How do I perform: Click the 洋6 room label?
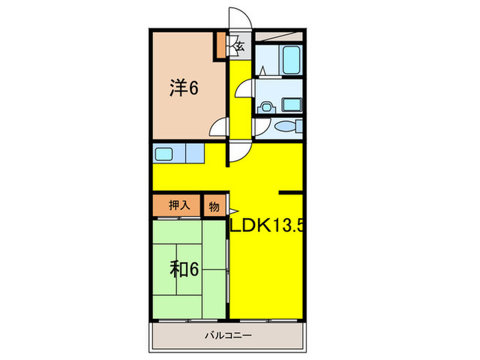(184, 88)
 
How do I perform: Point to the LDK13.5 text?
(267, 226)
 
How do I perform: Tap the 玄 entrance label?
(241, 47)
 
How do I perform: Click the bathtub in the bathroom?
(291, 60)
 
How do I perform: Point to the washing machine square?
(292, 105)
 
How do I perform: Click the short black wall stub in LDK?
(291, 193)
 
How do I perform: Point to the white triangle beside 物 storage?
(232, 211)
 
